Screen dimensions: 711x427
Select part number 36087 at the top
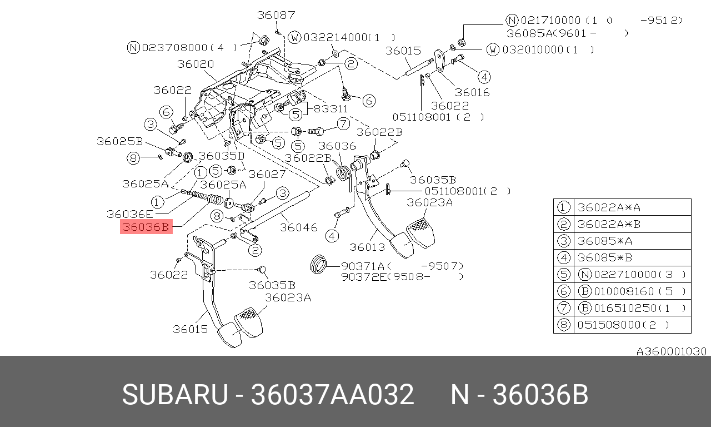point(276,15)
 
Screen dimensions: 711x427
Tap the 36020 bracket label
point(196,64)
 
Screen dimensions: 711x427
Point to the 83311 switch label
point(331,109)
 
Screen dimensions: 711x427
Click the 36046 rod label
point(298,227)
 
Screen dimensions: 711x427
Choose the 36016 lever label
point(472,92)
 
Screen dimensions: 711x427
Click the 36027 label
point(267,175)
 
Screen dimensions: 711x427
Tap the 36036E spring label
point(129,213)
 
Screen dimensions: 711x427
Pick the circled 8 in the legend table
point(563,324)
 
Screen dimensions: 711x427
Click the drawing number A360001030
point(671,351)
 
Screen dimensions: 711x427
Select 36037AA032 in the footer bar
point(333,395)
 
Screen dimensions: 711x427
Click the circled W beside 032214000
point(294,38)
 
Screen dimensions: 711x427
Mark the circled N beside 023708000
point(133,48)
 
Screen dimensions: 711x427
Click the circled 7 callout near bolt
point(343,123)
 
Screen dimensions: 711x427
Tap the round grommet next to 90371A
point(318,265)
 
